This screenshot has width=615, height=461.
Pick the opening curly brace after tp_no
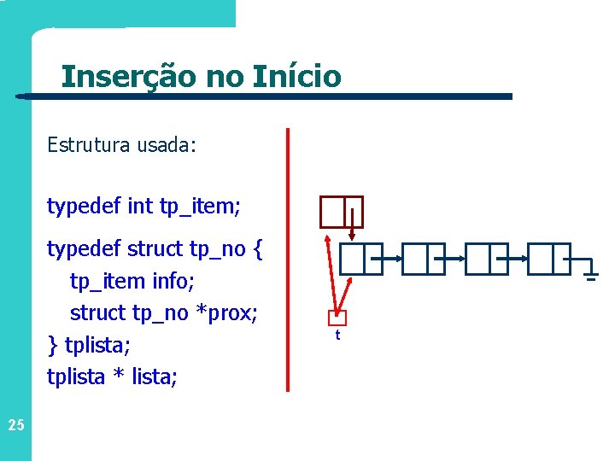259,248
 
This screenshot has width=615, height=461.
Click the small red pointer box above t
337,318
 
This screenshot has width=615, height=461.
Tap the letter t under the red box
337,336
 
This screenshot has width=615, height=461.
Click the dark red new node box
342,212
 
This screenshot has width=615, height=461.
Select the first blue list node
360,259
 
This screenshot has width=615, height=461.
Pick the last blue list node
549,259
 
